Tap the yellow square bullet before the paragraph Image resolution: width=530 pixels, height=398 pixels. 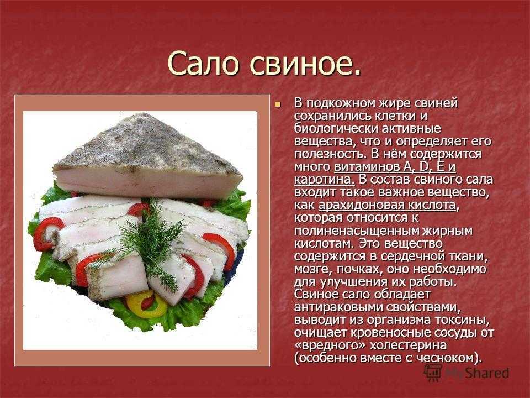pos(278,104)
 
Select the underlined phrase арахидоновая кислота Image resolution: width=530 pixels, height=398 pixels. pos(387,205)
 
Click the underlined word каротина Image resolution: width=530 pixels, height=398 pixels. pos(325,179)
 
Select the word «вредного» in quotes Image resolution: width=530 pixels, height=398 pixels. pos(330,345)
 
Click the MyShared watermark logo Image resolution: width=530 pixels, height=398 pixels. pos(467,373)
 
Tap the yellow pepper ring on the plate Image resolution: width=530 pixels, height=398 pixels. pos(146,304)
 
